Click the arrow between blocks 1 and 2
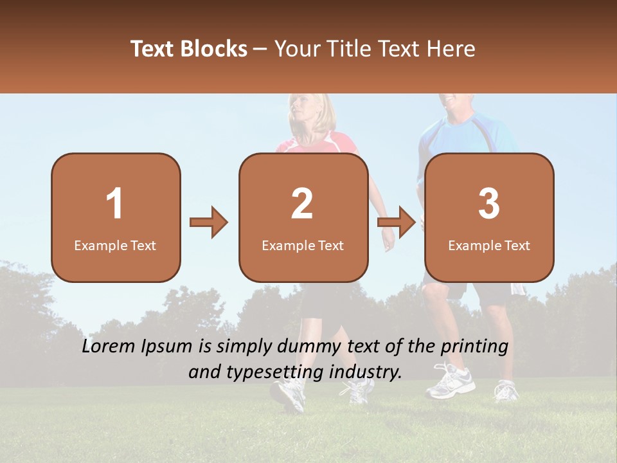point(209,222)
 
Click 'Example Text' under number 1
point(115,246)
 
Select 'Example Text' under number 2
point(303,246)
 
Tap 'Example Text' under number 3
point(489,246)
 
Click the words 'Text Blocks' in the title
point(189,49)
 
